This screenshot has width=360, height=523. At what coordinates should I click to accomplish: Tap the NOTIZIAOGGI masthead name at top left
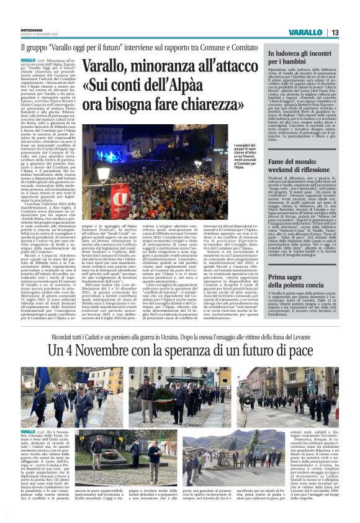coord(32,29)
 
